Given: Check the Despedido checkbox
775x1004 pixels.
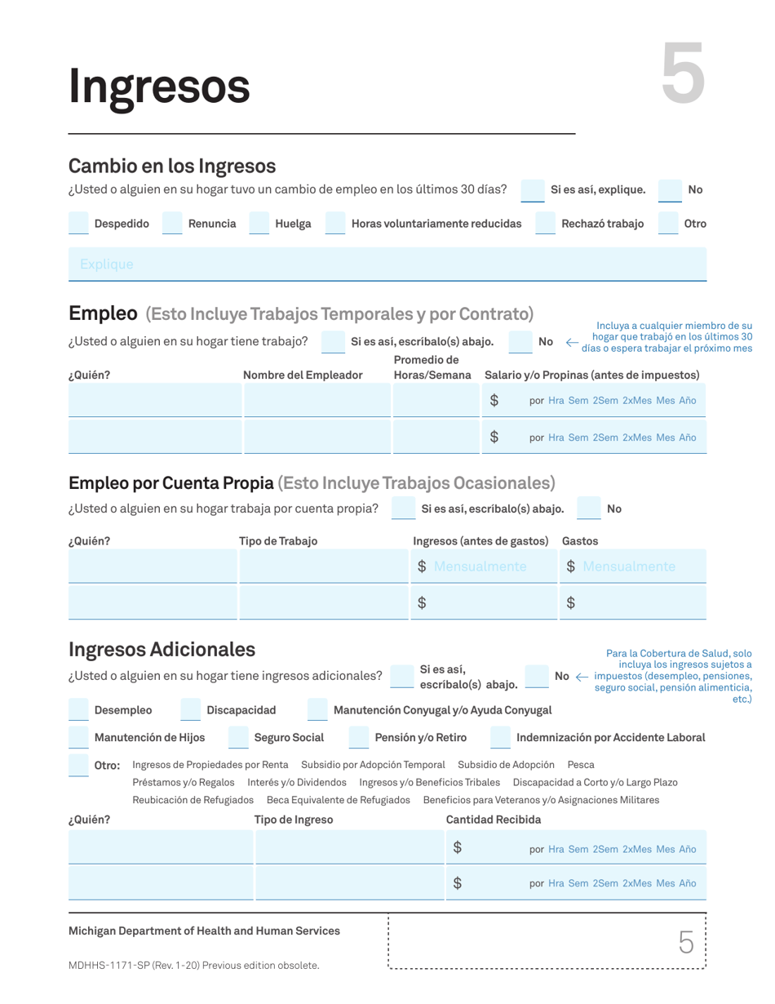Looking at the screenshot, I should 79,223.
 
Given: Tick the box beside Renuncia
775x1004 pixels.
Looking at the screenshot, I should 173,223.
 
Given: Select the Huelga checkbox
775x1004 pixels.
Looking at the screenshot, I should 259,223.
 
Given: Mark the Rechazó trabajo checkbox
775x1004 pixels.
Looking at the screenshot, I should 545,223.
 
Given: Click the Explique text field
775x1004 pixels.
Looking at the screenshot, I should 387,264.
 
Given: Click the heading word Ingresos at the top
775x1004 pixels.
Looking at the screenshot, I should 159,86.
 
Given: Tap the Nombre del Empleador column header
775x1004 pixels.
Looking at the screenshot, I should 303,375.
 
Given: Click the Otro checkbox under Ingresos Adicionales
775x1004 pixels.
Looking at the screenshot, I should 79,766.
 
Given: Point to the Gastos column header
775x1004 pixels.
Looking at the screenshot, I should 580,540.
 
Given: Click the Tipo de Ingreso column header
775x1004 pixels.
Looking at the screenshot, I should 294,820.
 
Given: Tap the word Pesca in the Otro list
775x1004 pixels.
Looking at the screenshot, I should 581,765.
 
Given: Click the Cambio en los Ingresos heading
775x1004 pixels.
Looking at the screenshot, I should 172,167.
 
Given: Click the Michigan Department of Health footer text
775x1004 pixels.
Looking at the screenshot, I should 204,931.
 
